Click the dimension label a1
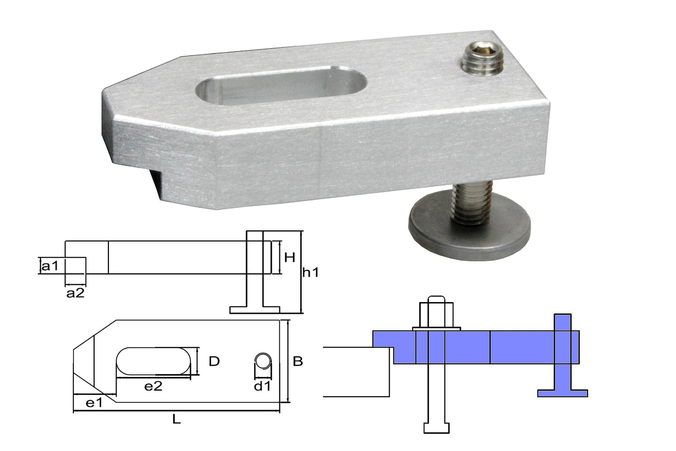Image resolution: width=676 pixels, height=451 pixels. coord(50,266)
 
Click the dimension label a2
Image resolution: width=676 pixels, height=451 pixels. coord(75,294)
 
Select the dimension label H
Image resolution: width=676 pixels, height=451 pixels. coord(290,257)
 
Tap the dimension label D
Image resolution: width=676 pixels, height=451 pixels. coord(214,361)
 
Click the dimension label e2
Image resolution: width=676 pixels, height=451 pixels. coord(153,386)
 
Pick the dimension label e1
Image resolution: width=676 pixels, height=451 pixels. coord(94,403)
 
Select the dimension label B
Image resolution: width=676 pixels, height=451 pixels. coord(298,362)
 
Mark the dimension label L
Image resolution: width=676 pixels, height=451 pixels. coord(176,420)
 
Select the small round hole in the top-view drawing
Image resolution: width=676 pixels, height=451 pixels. coord(263,361)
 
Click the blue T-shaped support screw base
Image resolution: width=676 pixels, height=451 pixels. coord(562,392)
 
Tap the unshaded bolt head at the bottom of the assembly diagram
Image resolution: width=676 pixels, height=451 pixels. coord(436,428)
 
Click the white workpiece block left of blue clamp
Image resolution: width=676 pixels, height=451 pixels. coord(356,372)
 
